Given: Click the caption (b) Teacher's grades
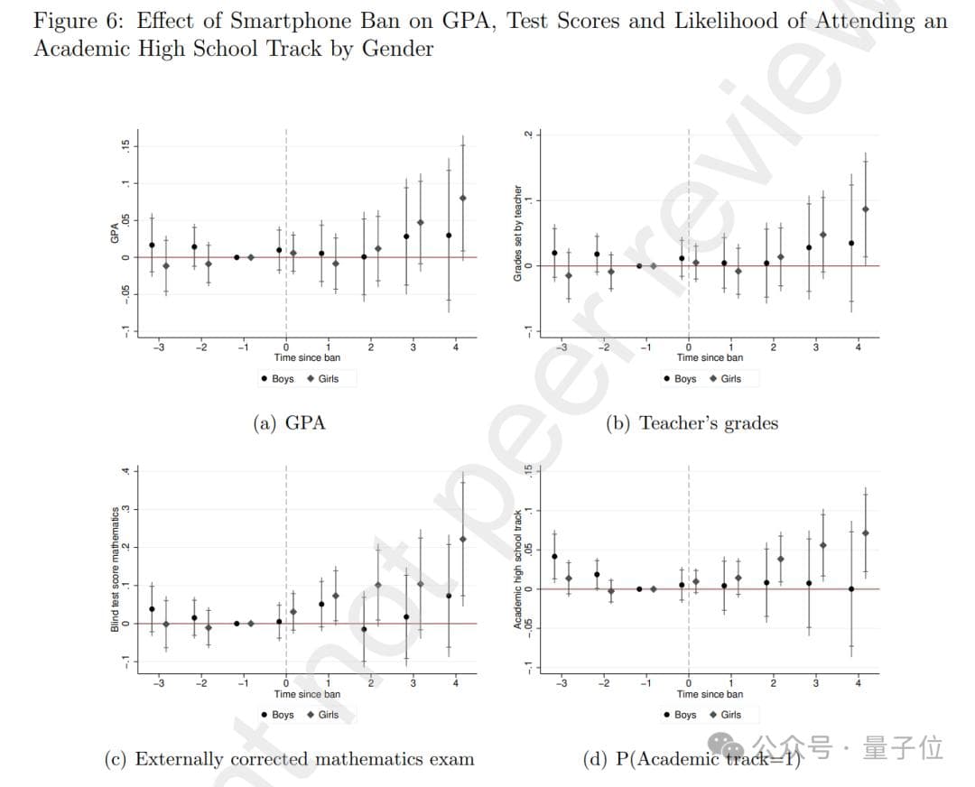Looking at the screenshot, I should click(692, 422).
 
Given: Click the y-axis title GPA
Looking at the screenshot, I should click(115, 233).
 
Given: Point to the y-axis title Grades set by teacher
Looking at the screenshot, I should click(517, 233).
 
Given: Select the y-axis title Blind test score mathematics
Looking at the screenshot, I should click(115, 569).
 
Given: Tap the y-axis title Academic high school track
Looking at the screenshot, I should click(517, 569).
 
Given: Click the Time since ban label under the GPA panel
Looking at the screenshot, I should click(307, 357).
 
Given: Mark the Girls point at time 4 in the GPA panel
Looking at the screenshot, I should click(463, 198).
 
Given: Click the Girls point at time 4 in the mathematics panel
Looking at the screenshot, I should click(463, 539).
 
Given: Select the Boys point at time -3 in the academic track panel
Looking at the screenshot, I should click(554, 557).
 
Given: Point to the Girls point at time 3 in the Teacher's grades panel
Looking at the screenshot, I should click(822, 235).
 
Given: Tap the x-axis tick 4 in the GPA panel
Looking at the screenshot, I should click(456, 347).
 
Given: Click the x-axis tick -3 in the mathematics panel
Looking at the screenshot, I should click(158, 683).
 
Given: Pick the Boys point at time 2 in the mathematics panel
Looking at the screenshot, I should click(364, 629).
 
